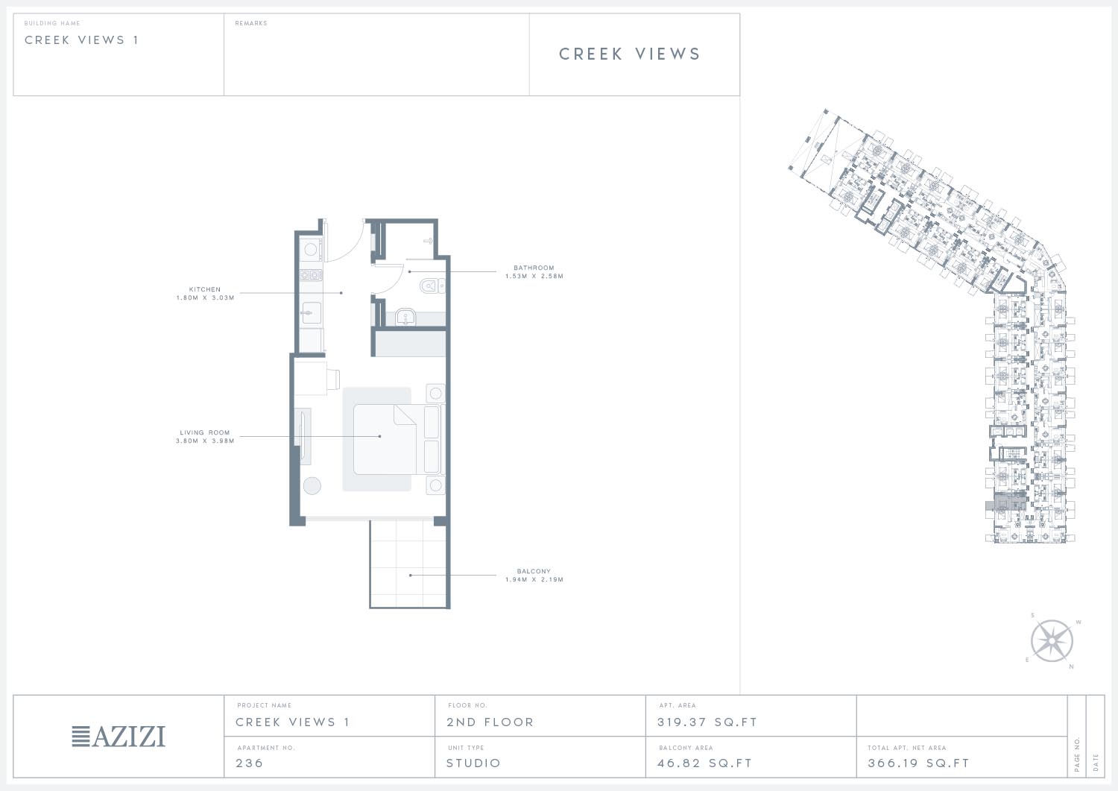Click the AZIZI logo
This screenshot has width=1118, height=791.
click(x=119, y=736)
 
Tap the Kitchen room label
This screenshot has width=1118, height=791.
click(x=205, y=289)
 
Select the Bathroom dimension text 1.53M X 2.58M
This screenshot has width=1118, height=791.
click(x=534, y=276)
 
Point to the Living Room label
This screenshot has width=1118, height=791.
click(x=205, y=432)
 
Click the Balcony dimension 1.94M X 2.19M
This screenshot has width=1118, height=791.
click(x=534, y=580)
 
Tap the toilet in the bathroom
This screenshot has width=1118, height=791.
click(x=432, y=286)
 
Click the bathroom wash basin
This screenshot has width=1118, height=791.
click(x=405, y=317)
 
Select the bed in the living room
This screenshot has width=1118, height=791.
click(x=385, y=439)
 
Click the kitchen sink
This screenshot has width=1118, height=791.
click(x=312, y=313)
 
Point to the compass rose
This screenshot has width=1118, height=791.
click(x=1052, y=641)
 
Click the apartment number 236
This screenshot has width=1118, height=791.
click(x=249, y=763)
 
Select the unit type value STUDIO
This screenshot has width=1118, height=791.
click(x=473, y=763)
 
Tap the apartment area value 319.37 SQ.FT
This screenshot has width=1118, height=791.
click(x=707, y=722)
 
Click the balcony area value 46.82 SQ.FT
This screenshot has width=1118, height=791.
click(x=704, y=763)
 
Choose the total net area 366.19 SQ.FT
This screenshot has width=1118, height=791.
click(x=918, y=763)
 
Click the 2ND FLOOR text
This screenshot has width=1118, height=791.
click(x=490, y=722)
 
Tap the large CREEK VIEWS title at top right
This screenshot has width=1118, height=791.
click(x=629, y=54)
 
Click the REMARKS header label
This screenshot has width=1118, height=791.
click(x=251, y=23)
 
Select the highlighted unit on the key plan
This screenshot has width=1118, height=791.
click(x=1005, y=502)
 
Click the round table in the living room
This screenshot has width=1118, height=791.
click(x=312, y=486)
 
